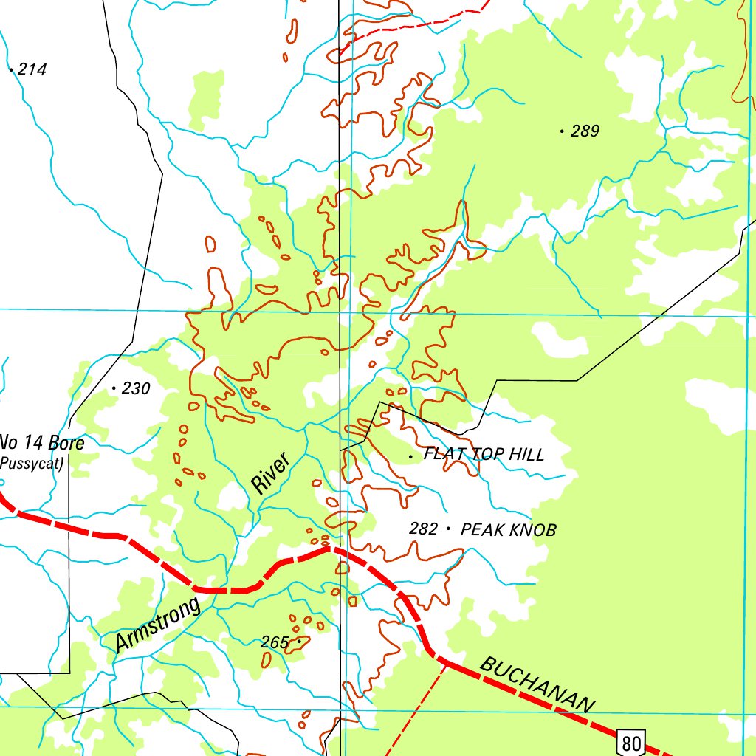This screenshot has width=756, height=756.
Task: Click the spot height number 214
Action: coord(32,70)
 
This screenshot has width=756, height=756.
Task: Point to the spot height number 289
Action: coord(585,131)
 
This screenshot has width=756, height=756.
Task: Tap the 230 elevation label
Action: coord(136,388)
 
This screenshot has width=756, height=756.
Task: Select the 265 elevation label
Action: coord(274,643)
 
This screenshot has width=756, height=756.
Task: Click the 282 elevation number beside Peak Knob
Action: coord(424,529)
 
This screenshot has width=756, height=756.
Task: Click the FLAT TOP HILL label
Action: coord(484,455)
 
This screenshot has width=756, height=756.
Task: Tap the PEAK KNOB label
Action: coord(508,530)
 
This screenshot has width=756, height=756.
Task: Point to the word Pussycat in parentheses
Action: coord(31,464)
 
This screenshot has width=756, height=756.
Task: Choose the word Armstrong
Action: coord(157,626)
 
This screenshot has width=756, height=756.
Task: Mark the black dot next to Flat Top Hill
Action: coord(411,457)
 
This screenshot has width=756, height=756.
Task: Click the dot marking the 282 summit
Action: coord(448,529)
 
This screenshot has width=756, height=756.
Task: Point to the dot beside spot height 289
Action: coord(563,132)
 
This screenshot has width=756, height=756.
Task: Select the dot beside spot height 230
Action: coord(114,388)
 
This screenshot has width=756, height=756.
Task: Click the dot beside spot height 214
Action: coord(11,70)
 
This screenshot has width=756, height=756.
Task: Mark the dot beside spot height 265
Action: coord(298,642)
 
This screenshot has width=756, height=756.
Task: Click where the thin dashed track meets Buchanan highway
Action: coord(445,662)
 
